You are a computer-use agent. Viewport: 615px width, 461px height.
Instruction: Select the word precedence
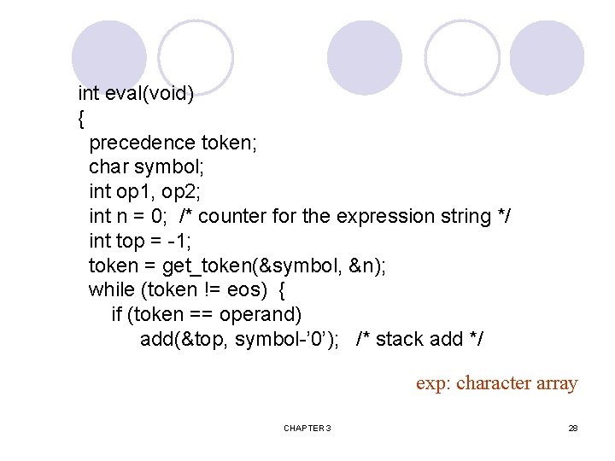click(x=142, y=143)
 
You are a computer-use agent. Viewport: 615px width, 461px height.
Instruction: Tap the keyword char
click(x=108, y=167)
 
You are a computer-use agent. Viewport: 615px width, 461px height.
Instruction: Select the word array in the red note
click(x=558, y=383)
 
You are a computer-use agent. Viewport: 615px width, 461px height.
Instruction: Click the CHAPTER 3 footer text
click(x=307, y=428)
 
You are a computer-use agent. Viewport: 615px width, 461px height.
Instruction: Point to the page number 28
click(x=573, y=428)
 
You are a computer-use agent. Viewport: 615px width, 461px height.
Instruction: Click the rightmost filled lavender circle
click(x=547, y=57)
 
